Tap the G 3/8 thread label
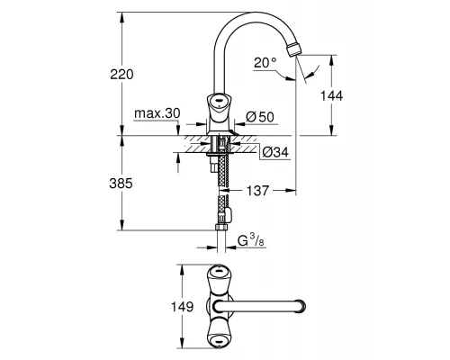(x=251, y=239)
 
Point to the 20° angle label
(x=265, y=62)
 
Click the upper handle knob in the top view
(x=219, y=272)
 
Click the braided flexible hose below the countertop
(x=220, y=184)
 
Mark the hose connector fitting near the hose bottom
(x=223, y=214)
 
